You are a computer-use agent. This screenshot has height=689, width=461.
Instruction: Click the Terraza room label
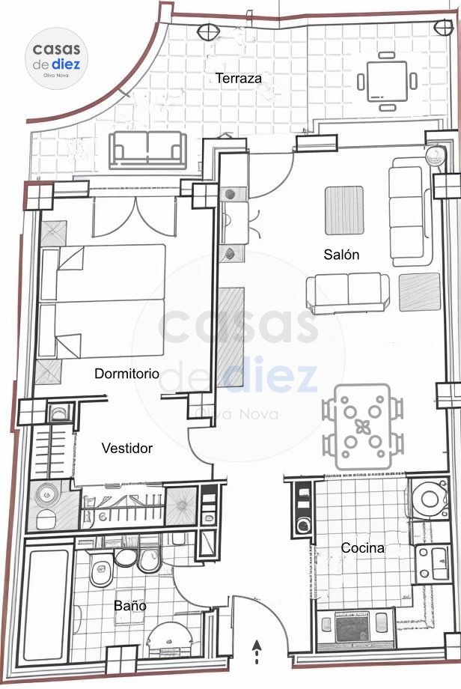[x=239, y=78]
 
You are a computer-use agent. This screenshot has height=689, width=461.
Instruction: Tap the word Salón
[x=341, y=254]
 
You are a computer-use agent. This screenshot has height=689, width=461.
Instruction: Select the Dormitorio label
[x=127, y=374]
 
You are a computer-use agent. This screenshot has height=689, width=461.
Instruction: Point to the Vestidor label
[x=127, y=448]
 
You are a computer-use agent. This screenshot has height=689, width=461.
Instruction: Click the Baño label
[x=130, y=606]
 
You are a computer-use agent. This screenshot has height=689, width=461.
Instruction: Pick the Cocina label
[x=363, y=548]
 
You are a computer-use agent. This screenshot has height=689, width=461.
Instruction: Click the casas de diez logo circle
[x=56, y=58]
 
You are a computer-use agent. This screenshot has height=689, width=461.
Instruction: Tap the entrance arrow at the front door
[x=257, y=652]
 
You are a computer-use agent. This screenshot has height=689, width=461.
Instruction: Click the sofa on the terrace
[x=148, y=150]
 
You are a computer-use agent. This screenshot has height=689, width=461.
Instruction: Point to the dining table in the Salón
[x=362, y=426]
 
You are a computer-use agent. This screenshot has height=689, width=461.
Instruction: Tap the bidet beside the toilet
[x=149, y=560]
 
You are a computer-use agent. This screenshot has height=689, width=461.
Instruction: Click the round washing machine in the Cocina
[x=429, y=499]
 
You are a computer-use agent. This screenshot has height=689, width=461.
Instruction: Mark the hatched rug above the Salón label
[x=344, y=210]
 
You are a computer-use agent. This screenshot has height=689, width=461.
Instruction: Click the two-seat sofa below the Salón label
[x=348, y=292]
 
